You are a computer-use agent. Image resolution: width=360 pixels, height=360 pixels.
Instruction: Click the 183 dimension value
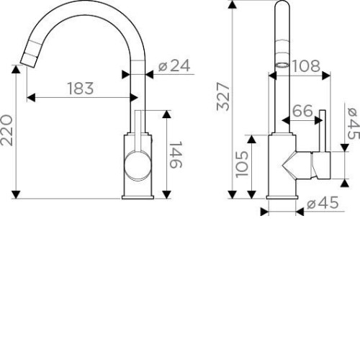pyautogui.click(x=81, y=89)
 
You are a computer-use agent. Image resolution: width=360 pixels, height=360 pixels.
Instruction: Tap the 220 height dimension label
pyautogui.click(x=6, y=130)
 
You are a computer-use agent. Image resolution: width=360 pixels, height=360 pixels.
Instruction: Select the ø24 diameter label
pyautogui.click(x=174, y=66)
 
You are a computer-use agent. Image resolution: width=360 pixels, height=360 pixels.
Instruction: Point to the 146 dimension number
pyautogui.click(x=176, y=155)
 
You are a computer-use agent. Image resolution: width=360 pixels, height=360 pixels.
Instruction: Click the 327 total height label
pyautogui.click(x=223, y=96)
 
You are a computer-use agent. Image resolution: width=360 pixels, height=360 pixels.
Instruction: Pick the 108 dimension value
pyautogui.click(x=306, y=66)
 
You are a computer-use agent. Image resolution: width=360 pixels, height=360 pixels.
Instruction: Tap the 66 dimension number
pyautogui.click(x=303, y=111)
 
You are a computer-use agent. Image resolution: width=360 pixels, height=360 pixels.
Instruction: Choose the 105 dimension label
pyautogui.click(x=242, y=164)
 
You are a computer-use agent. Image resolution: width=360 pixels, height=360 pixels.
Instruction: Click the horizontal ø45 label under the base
pyautogui.click(x=323, y=203)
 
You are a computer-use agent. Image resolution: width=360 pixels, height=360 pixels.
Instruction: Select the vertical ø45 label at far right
pyautogui.click(x=354, y=123)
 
